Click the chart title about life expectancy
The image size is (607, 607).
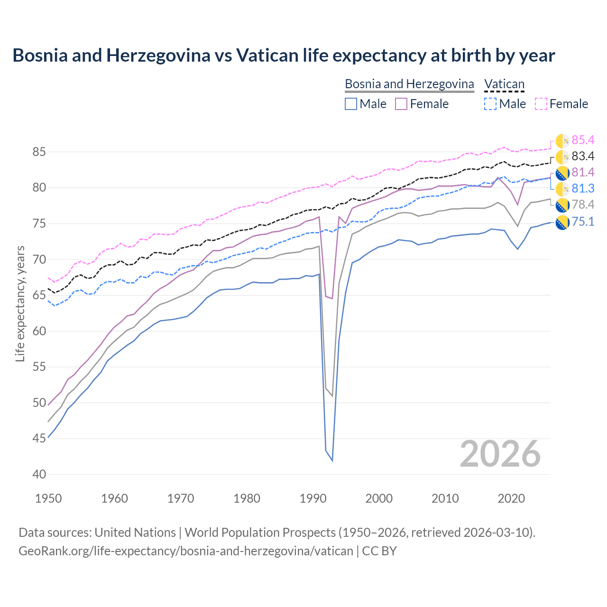(x=284, y=55)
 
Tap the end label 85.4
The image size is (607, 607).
(x=583, y=140)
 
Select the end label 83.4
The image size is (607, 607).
(x=583, y=156)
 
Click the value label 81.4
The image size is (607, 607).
(x=583, y=172)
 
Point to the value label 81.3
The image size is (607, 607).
(x=583, y=188)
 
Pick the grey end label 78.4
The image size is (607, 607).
(x=583, y=204)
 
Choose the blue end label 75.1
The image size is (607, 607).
(x=583, y=221)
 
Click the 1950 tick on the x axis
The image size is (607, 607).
(x=49, y=498)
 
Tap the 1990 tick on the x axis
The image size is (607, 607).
(x=313, y=498)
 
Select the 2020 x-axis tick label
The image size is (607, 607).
(x=511, y=498)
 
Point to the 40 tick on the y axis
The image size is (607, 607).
(x=39, y=474)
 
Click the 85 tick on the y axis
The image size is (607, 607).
(x=39, y=152)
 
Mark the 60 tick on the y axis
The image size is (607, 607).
(x=39, y=331)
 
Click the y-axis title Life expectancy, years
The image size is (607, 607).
(x=20, y=303)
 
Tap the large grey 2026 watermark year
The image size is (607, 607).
(x=500, y=454)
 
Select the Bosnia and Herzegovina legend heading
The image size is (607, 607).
(x=409, y=84)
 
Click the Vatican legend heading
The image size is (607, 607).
(x=504, y=84)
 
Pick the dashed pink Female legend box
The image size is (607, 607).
(x=541, y=104)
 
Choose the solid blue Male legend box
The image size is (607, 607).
(x=351, y=104)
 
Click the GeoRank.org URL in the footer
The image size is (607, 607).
(x=185, y=551)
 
